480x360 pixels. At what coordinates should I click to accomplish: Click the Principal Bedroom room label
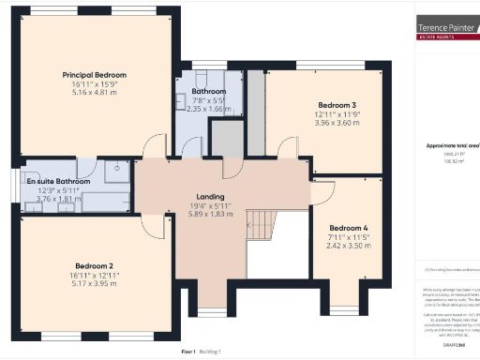pyautogui.click(x=95, y=75)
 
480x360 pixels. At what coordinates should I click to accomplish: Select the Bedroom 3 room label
pyautogui.click(x=337, y=104)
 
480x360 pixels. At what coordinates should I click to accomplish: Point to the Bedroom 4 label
pyautogui.click(x=349, y=227)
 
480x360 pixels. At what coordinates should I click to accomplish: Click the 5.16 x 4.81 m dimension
pyautogui.click(x=95, y=94)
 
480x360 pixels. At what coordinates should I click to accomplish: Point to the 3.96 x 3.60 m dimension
pyautogui.click(x=337, y=123)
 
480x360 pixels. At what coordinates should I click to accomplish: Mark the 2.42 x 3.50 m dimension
pyautogui.click(x=349, y=246)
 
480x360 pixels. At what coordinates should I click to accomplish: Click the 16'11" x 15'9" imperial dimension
pyautogui.click(x=95, y=84)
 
